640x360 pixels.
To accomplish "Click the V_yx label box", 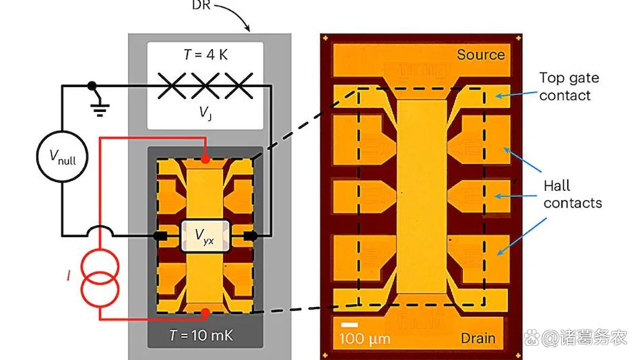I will (x=205, y=236).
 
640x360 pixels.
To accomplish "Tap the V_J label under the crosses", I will (x=206, y=113).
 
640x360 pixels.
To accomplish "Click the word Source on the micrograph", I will (x=480, y=55).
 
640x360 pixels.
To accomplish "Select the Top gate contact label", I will (x=569, y=87).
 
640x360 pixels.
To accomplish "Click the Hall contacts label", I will (x=573, y=193).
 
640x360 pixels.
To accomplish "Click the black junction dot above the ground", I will (x=92, y=86).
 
